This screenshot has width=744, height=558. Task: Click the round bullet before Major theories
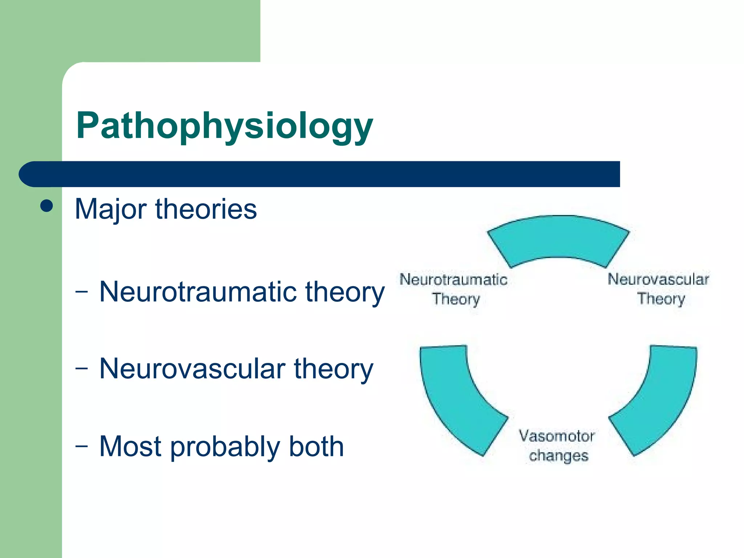[x=46, y=206]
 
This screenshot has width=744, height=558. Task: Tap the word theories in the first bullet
[x=206, y=210]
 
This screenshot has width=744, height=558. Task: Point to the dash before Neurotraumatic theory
[x=82, y=291]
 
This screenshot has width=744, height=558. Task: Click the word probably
[x=225, y=447]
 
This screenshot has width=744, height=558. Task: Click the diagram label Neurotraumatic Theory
[x=454, y=289]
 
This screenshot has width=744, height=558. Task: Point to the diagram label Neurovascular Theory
[x=658, y=289]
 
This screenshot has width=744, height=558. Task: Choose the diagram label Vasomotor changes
[x=557, y=445]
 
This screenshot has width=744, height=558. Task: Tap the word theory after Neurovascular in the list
[x=333, y=368]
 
